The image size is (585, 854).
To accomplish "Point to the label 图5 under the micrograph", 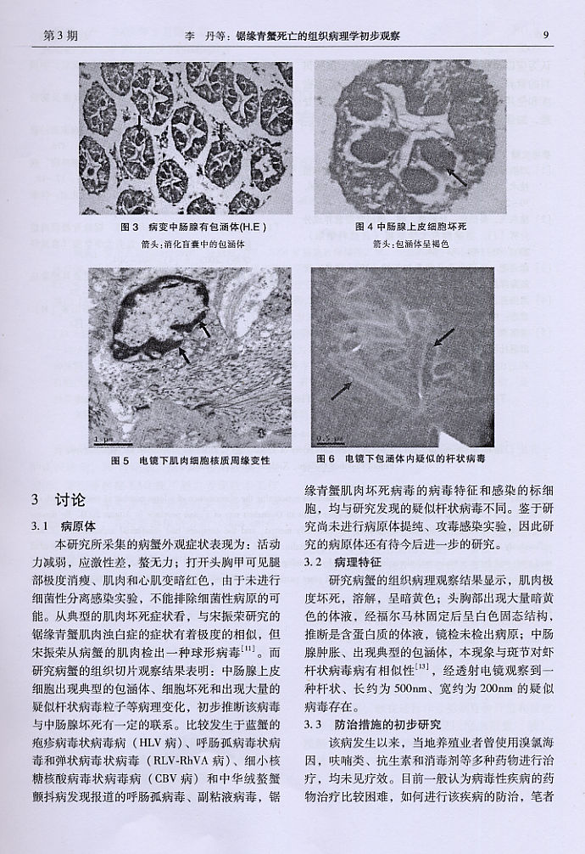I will [x=120, y=459].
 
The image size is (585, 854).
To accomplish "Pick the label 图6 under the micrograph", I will [x=325, y=458].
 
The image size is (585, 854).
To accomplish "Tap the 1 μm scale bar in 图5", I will [x=105, y=438].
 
